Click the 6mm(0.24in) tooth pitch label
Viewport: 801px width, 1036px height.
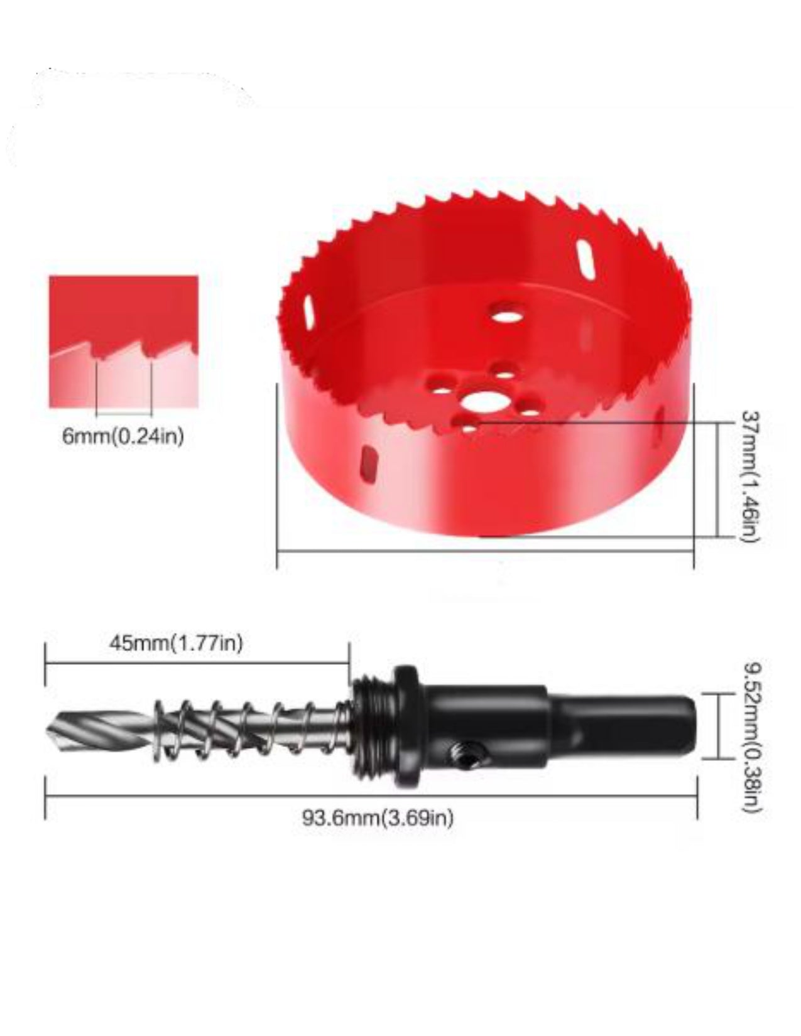123,436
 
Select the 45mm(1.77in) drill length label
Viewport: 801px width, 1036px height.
176,644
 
